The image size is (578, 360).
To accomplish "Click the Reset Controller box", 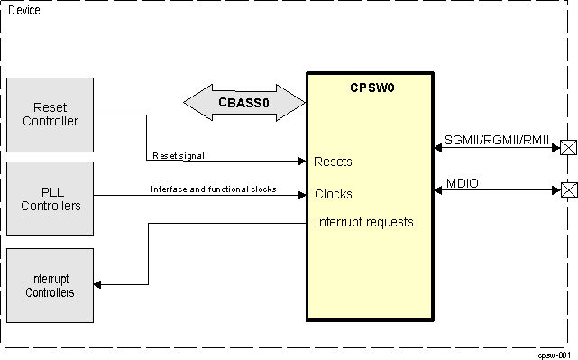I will [x=50, y=115].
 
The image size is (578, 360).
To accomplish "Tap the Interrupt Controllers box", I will [x=50, y=285].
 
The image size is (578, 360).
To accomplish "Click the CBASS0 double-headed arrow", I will [x=243, y=102].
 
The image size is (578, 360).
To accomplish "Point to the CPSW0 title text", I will [x=372, y=88].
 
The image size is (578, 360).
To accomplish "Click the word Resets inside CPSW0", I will [x=333, y=162].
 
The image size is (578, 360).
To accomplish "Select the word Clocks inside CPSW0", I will [x=333, y=194].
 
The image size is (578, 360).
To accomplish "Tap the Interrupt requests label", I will [x=364, y=222].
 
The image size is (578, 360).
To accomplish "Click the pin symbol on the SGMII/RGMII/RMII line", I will [x=568, y=148].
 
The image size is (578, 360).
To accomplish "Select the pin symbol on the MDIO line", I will [x=568, y=190].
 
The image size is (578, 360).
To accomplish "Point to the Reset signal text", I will [x=178, y=155].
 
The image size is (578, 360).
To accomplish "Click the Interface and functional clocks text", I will [x=213, y=189].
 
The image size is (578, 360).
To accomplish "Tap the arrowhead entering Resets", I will [x=301, y=162].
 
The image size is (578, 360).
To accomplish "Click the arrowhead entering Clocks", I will [x=301, y=195].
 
